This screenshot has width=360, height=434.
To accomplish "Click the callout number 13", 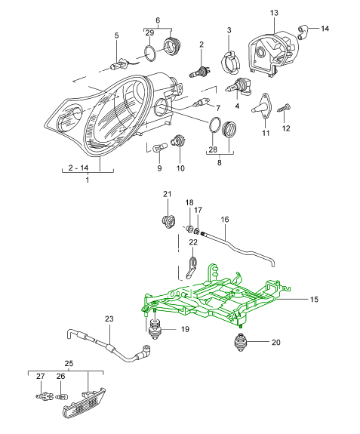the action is (274, 13).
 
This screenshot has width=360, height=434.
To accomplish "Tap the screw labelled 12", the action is (284, 108).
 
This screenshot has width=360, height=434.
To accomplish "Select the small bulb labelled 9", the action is (159, 146).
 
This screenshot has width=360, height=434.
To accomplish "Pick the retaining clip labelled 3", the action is (230, 61).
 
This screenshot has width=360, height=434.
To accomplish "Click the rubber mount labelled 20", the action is (241, 343).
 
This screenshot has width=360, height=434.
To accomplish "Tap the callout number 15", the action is (314, 300).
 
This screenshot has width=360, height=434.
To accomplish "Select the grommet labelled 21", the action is (168, 221).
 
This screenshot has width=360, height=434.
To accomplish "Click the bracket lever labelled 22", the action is (190, 268).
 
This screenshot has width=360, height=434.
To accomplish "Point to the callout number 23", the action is (109, 319).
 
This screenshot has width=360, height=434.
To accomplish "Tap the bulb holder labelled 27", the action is (45, 396).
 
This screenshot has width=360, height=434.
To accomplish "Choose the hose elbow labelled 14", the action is (303, 32).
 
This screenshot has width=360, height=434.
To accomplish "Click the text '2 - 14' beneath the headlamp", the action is (78, 168).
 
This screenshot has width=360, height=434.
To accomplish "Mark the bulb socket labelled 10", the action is (178, 140).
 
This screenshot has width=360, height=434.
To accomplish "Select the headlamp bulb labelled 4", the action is (238, 86).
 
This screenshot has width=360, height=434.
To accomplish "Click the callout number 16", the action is (225, 220).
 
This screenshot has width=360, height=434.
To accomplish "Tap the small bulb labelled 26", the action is (61, 397).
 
